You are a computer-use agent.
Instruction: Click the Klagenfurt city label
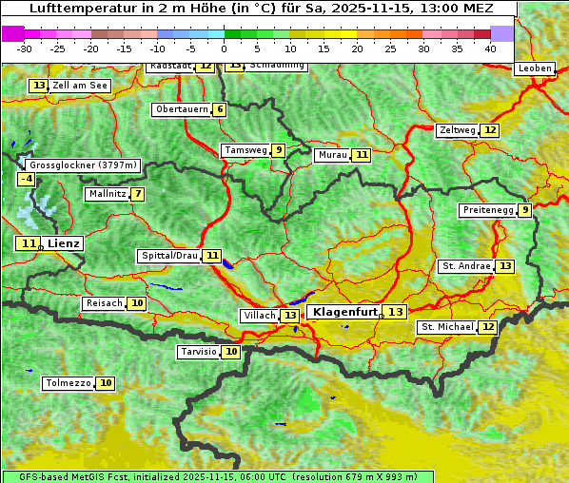[x=344, y=312]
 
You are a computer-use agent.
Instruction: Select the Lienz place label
[x=64, y=243]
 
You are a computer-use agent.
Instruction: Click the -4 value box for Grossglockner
[x=27, y=179]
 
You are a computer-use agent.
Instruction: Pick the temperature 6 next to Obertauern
[x=220, y=109]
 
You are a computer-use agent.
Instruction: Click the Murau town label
[x=332, y=155]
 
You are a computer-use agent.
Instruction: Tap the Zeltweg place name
[x=457, y=130]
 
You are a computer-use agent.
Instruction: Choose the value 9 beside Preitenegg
[x=524, y=210]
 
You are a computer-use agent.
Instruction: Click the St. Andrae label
[x=466, y=266]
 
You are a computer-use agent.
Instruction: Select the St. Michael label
[x=447, y=327]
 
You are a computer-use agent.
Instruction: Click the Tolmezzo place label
[x=68, y=383]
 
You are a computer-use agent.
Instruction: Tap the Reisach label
[x=104, y=303]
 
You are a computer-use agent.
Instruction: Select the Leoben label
[x=533, y=68]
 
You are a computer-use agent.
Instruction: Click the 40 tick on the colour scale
[x=490, y=48]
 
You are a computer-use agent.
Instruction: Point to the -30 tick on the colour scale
[x=25, y=48]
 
